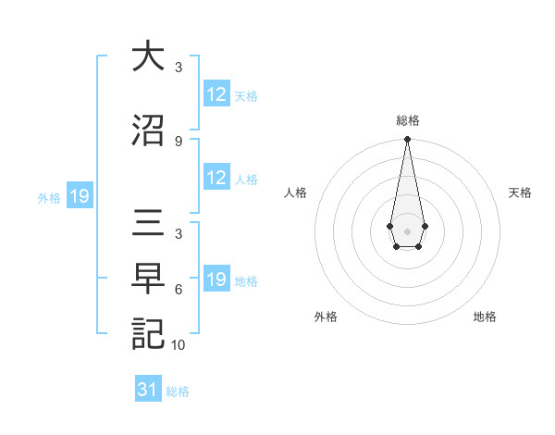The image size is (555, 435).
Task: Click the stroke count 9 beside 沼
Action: tap(178, 141)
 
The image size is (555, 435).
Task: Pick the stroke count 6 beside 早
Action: tap(178, 290)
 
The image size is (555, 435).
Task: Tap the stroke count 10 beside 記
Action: tap(179, 345)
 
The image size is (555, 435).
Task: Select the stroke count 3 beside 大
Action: tap(178, 68)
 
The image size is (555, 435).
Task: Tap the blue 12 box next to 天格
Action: tap(216, 94)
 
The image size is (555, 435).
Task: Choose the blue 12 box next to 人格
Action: tap(216, 179)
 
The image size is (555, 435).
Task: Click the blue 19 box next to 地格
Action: tap(216, 280)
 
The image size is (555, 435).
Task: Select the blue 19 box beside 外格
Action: tap(79, 196)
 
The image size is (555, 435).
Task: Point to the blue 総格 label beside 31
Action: tap(178, 391)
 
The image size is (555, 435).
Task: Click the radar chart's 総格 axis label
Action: tap(407, 120)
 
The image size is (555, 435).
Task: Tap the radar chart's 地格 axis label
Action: tap(485, 317)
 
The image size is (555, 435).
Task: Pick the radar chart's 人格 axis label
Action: tap(296, 193)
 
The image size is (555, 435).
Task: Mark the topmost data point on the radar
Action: tap(407, 139)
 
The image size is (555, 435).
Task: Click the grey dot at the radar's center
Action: tap(407, 230)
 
